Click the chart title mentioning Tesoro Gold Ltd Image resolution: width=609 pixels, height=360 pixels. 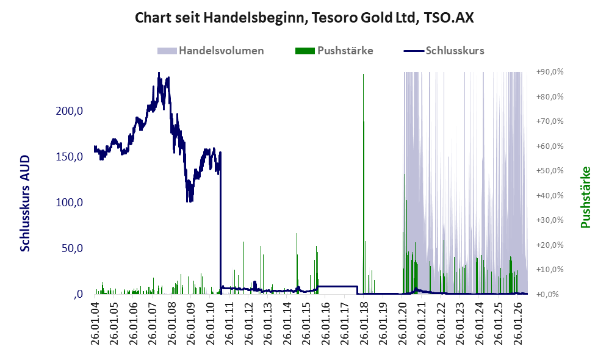304,18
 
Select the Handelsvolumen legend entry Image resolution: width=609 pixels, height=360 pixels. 211,51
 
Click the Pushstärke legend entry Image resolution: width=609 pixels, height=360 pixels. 334,51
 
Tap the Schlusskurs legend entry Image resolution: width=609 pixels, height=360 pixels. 444,51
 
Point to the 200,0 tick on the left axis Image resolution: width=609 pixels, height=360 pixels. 70,111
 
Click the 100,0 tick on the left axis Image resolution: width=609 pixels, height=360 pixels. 70,203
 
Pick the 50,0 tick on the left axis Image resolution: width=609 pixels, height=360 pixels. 72,248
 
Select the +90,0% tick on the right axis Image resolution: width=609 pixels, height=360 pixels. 550,72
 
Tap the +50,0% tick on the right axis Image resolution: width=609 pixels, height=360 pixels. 550,170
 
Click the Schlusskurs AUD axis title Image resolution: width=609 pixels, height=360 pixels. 25,204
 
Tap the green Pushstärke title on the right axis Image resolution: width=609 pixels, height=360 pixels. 585,197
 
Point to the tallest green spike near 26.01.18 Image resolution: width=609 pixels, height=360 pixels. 364,183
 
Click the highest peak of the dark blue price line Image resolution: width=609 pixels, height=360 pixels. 159,73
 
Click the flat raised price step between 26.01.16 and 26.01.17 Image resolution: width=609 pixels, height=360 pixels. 337,287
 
